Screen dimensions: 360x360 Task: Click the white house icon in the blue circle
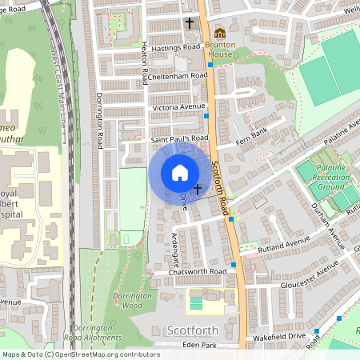pos(180,173)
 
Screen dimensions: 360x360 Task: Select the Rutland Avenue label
pos(283,243)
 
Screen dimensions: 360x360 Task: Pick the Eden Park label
pos(199,345)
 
